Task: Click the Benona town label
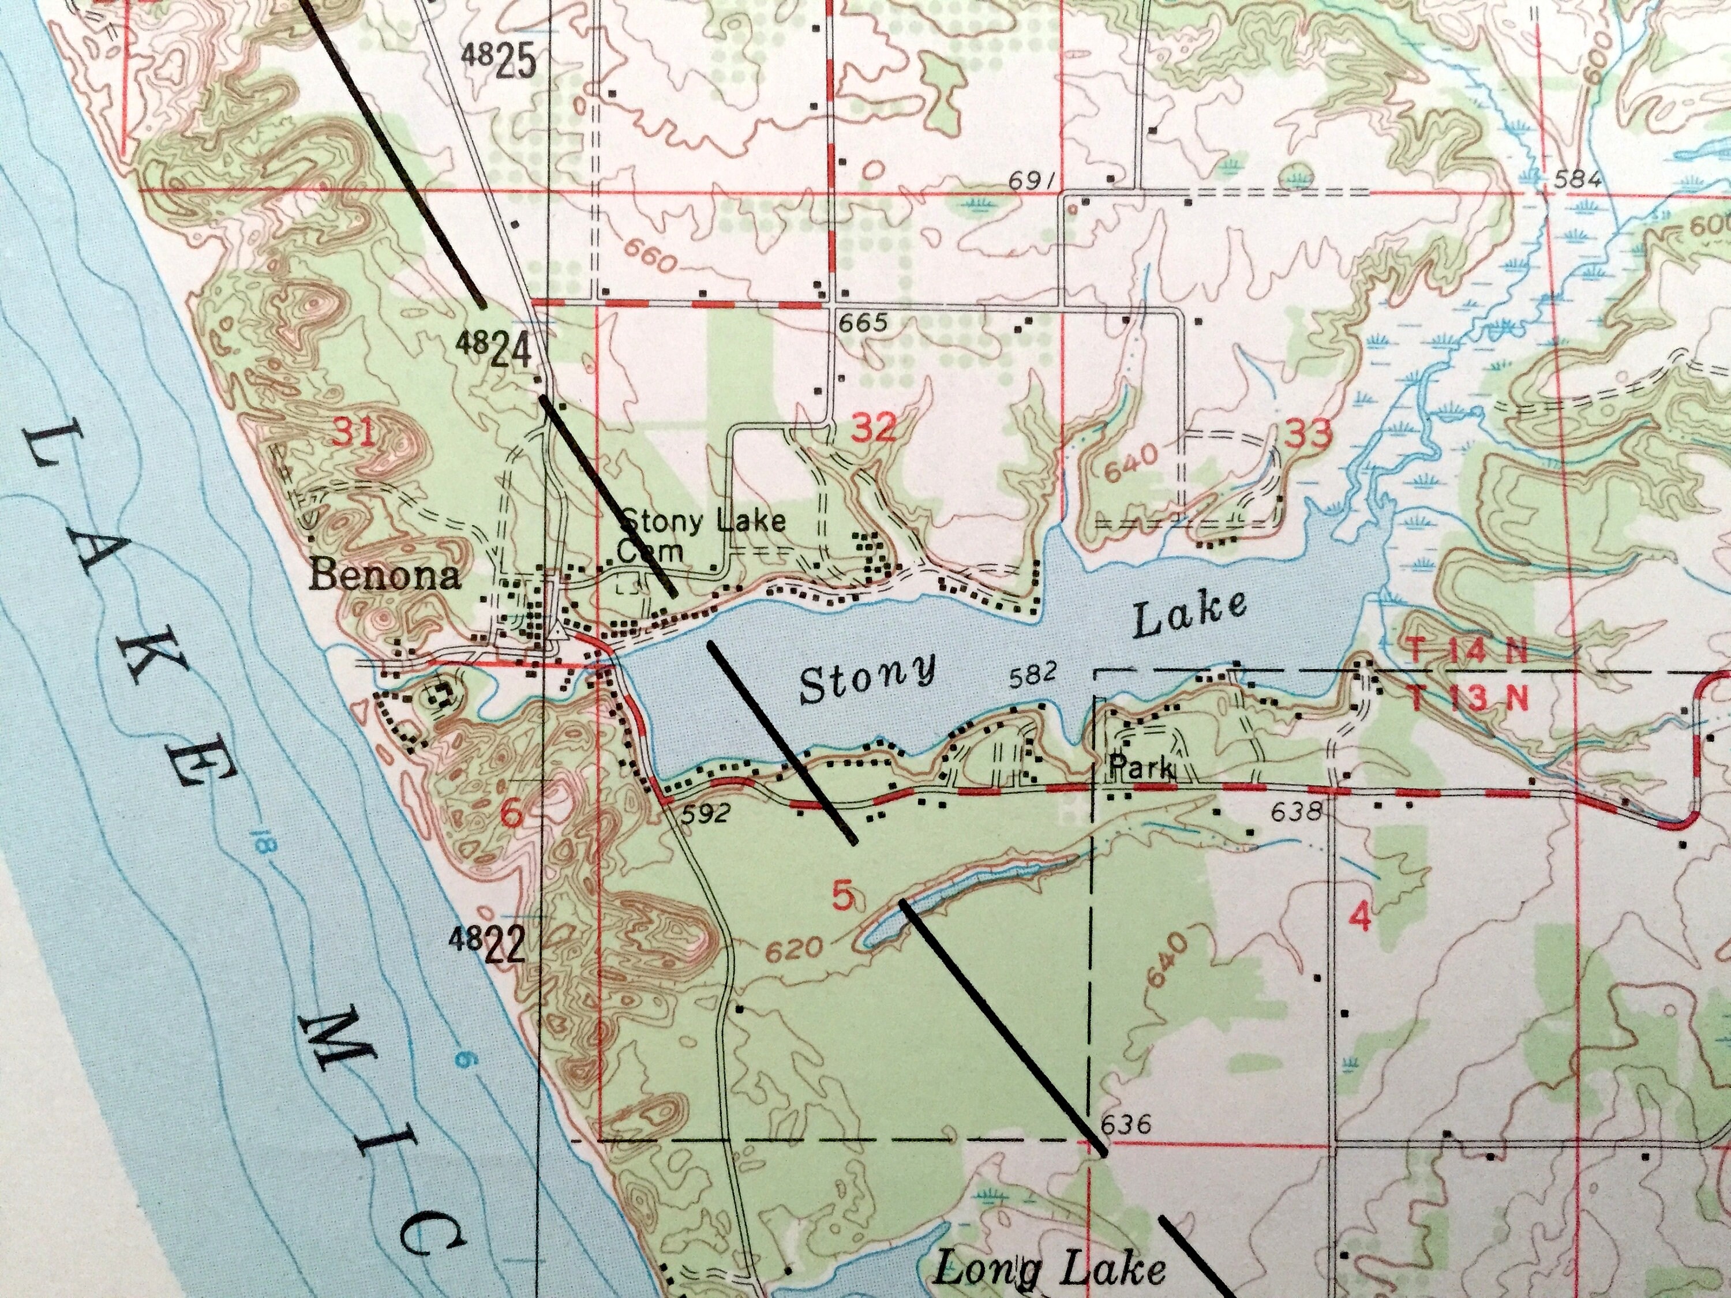[x=384, y=577]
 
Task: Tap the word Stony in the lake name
[x=867, y=679]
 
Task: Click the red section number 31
[x=356, y=433]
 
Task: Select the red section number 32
[x=874, y=428]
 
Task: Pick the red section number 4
[x=1361, y=916]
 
